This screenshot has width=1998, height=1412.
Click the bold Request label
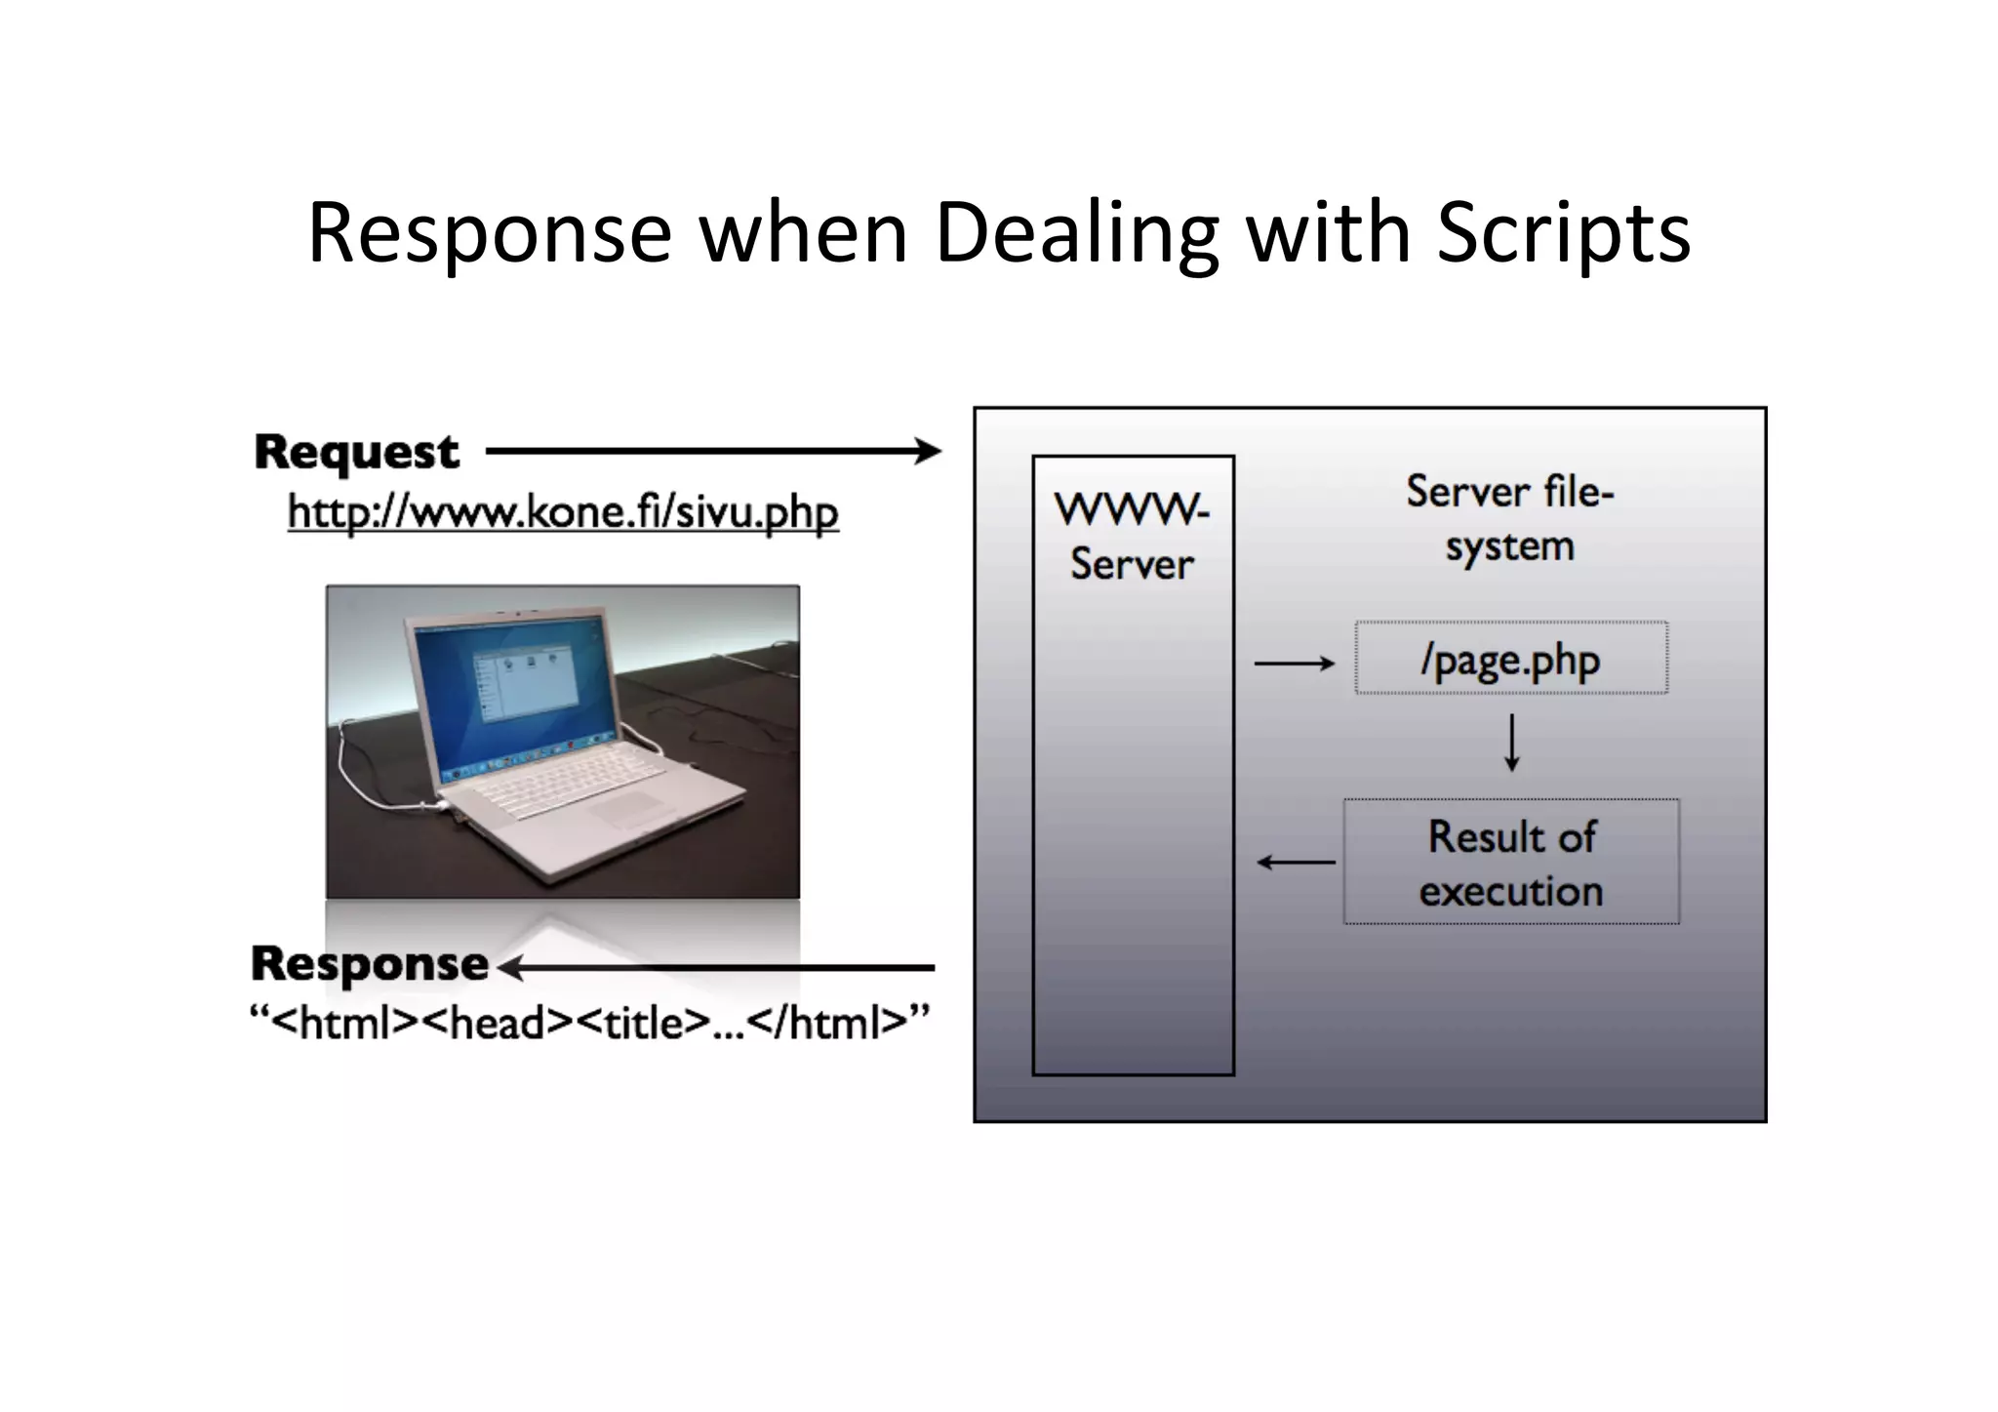point(356,452)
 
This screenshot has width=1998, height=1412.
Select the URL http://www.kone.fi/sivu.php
point(563,512)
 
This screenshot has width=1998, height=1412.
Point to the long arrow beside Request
point(712,451)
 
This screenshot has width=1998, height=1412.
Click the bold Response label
point(370,964)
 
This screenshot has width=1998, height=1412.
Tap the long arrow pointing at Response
point(717,968)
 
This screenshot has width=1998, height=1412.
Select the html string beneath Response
point(589,1023)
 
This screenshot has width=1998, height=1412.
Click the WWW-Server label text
point(1132,537)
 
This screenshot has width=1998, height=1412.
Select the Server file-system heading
point(1509,518)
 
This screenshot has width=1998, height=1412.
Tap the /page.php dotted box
point(1510,659)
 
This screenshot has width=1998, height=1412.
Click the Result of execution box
point(1511,862)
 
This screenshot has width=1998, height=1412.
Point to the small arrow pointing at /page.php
point(1294,664)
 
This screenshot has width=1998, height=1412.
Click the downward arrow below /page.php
point(1511,743)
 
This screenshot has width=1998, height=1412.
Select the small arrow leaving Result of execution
point(1296,862)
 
